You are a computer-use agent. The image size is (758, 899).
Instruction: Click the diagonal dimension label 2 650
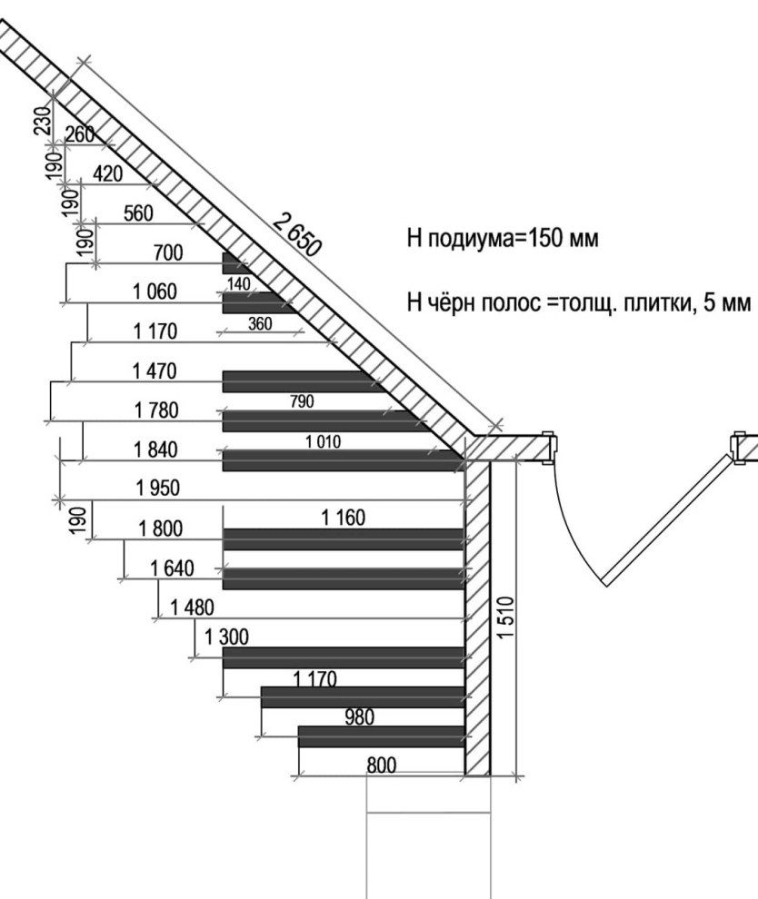point(296,234)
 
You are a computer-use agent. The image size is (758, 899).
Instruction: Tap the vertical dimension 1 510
point(505,617)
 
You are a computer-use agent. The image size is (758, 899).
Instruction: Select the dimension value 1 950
point(158,489)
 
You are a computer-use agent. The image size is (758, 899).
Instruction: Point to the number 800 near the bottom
point(381,766)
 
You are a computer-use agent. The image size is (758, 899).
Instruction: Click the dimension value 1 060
point(155,291)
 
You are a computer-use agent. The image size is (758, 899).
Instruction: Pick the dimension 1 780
point(156,410)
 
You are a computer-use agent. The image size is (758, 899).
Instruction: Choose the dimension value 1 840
point(156,450)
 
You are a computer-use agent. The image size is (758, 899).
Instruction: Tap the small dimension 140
point(239,284)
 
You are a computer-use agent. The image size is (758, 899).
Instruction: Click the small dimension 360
point(260,324)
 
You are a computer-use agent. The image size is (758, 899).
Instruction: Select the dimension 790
point(302,401)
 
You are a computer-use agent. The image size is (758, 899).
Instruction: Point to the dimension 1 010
point(323,441)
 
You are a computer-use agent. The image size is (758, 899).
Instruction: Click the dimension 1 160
point(344,518)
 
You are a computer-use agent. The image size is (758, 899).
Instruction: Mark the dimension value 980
point(360,717)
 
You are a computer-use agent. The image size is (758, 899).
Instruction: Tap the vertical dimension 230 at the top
point(43,121)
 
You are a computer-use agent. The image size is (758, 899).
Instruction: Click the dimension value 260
point(80,134)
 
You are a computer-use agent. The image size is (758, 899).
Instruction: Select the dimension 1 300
point(226,637)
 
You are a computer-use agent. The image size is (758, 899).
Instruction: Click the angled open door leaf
point(668,520)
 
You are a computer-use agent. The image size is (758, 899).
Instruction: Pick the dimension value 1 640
point(172,568)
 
